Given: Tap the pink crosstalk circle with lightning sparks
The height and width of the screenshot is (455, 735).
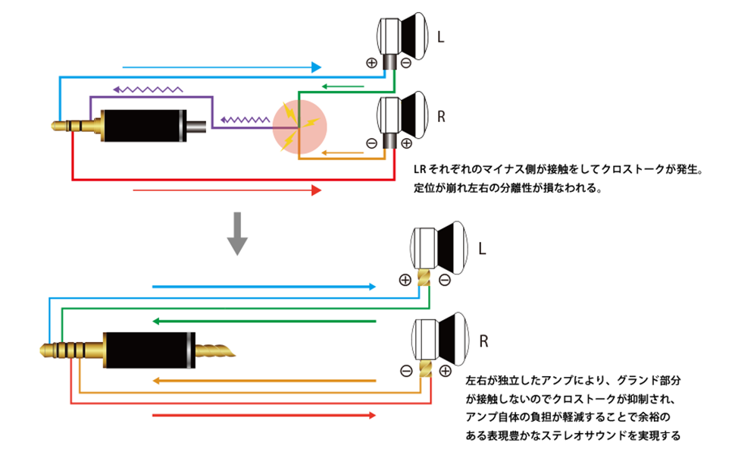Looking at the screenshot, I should [x=300, y=125].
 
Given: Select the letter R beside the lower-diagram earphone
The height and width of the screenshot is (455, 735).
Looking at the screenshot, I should [x=483, y=340].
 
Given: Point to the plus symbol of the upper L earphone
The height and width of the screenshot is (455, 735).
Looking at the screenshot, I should [x=371, y=63].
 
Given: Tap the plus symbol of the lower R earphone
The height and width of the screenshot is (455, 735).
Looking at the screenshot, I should [x=444, y=371].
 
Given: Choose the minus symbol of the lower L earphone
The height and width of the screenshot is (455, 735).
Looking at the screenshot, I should [x=444, y=280].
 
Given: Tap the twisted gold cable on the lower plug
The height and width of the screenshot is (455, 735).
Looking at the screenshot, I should [x=215, y=350].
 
